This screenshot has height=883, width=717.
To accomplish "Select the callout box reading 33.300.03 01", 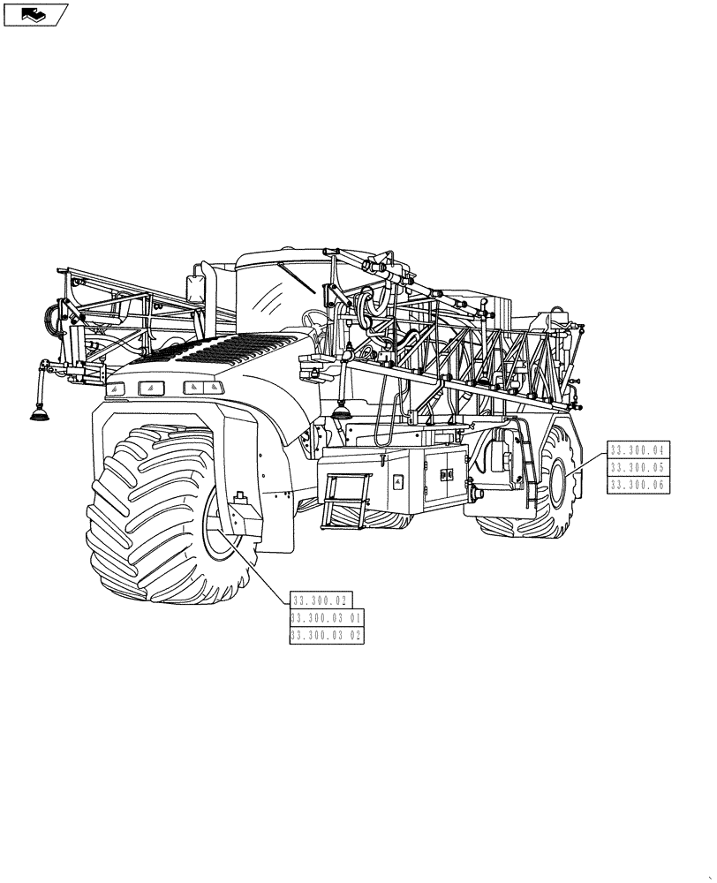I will tap(326, 617).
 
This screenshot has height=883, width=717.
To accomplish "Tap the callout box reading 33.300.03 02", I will tap(326, 634).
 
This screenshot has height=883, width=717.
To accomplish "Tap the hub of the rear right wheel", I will tap(558, 481).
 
